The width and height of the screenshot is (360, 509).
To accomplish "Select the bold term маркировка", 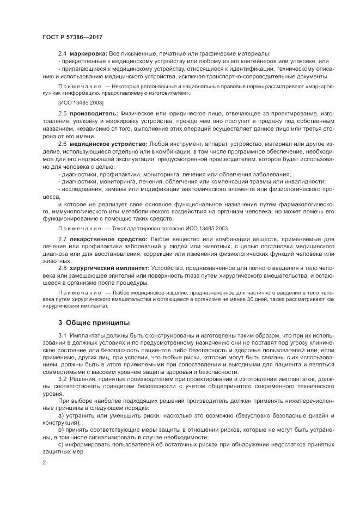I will pos(89,54).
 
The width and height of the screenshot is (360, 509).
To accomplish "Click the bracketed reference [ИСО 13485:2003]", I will pos(81,102).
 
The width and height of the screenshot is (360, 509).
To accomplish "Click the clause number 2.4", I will pos(63,54).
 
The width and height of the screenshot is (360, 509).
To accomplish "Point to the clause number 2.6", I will pos(63,143).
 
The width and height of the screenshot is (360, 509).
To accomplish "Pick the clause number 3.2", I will pos(63,379).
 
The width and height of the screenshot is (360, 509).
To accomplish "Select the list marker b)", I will pos(62,430).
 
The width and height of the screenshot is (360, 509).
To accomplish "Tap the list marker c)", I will pos(62,444).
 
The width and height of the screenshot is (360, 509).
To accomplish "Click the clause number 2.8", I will pos(63,269).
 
